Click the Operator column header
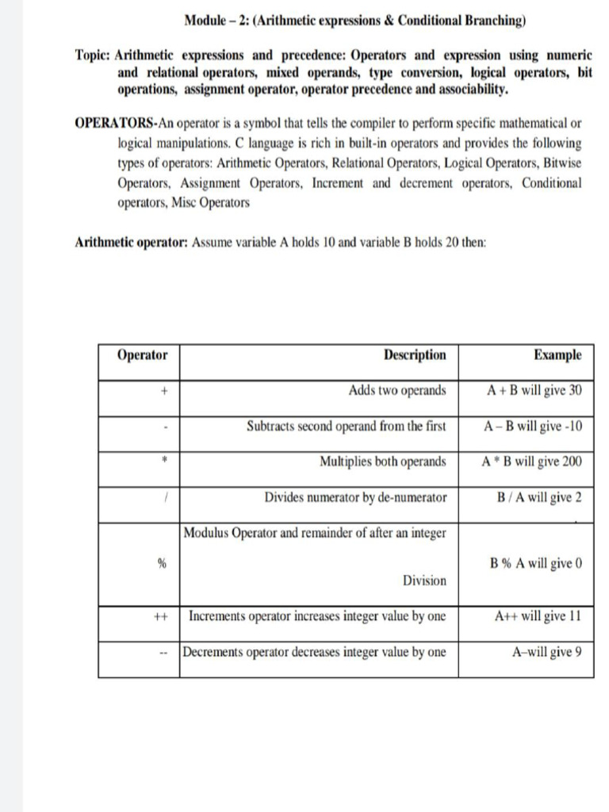point(143,355)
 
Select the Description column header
point(415,355)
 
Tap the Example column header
point(557,355)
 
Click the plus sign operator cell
point(163,391)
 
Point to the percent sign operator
point(163,564)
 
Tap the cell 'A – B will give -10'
point(533,426)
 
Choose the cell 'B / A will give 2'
point(539,497)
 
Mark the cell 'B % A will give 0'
point(537,564)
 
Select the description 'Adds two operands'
point(397,390)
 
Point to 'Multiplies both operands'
point(383,462)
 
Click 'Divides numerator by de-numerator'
point(355,497)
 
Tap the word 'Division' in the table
point(424,580)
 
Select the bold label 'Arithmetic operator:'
point(131,242)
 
